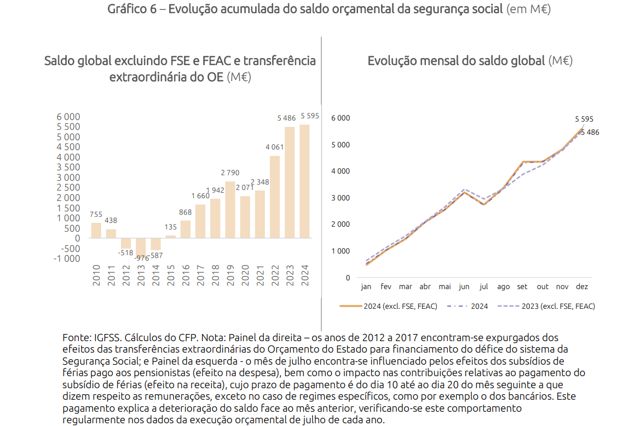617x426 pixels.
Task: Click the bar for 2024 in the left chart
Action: click(x=304, y=181)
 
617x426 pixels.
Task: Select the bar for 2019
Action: click(x=230, y=210)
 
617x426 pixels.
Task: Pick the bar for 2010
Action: click(x=96, y=230)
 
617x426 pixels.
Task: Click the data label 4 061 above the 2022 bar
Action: click(x=274, y=147)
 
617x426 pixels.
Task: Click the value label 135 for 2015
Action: click(x=171, y=227)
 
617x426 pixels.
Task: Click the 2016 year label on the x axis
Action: click(x=186, y=275)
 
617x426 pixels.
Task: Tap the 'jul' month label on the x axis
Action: click(x=483, y=286)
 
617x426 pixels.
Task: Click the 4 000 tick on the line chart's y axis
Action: click(x=341, y=171)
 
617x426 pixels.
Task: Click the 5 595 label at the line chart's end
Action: click(x=584, y=119)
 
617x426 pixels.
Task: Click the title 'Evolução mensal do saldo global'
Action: click(x=456, y=61)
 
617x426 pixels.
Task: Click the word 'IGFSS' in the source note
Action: click(x=105, y=338)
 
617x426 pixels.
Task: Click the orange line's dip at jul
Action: click(x=483, y=204)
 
